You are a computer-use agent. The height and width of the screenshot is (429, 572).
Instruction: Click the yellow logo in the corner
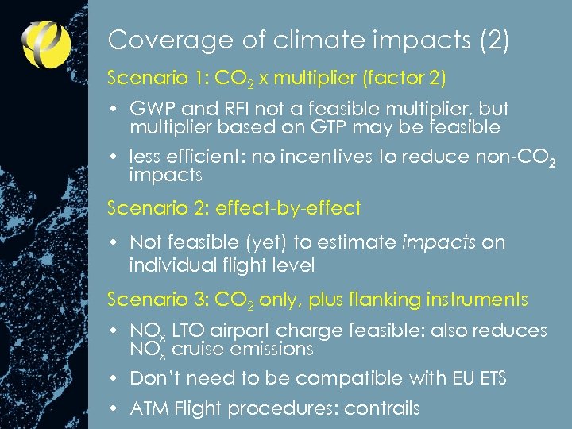[45, 43]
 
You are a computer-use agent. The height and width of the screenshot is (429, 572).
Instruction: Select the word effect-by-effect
[288, 208]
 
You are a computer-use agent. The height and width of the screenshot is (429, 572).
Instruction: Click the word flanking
[385, 300]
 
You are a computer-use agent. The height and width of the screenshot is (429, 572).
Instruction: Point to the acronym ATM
[149, 408]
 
